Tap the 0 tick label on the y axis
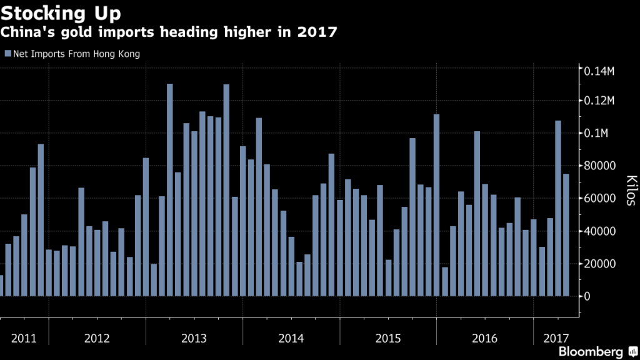pos(587,296)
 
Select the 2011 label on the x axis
pos(24,338)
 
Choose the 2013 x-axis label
pos(194,338)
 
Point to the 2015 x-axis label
pos(388,338)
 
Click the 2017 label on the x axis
pos(555,338)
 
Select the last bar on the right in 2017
pos(566,235)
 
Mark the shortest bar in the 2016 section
pos(445,281)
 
